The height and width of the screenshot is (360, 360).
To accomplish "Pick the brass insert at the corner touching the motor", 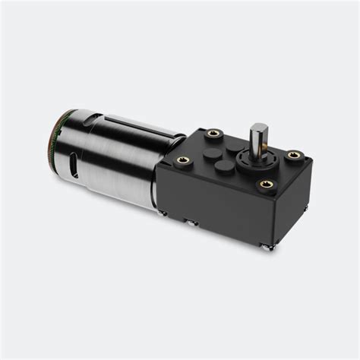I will coord(182,160).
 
